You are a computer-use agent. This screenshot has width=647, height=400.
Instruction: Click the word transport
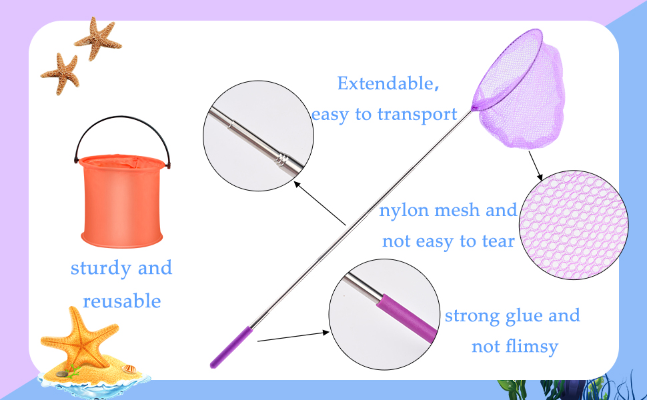click(x=417, y=115)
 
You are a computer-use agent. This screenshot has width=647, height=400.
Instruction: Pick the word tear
click(x=498, y=241)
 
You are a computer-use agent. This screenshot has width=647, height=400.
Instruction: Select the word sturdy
click(x=100, y=269)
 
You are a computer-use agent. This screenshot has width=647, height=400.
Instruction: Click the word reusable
click(x=122, y=301)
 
